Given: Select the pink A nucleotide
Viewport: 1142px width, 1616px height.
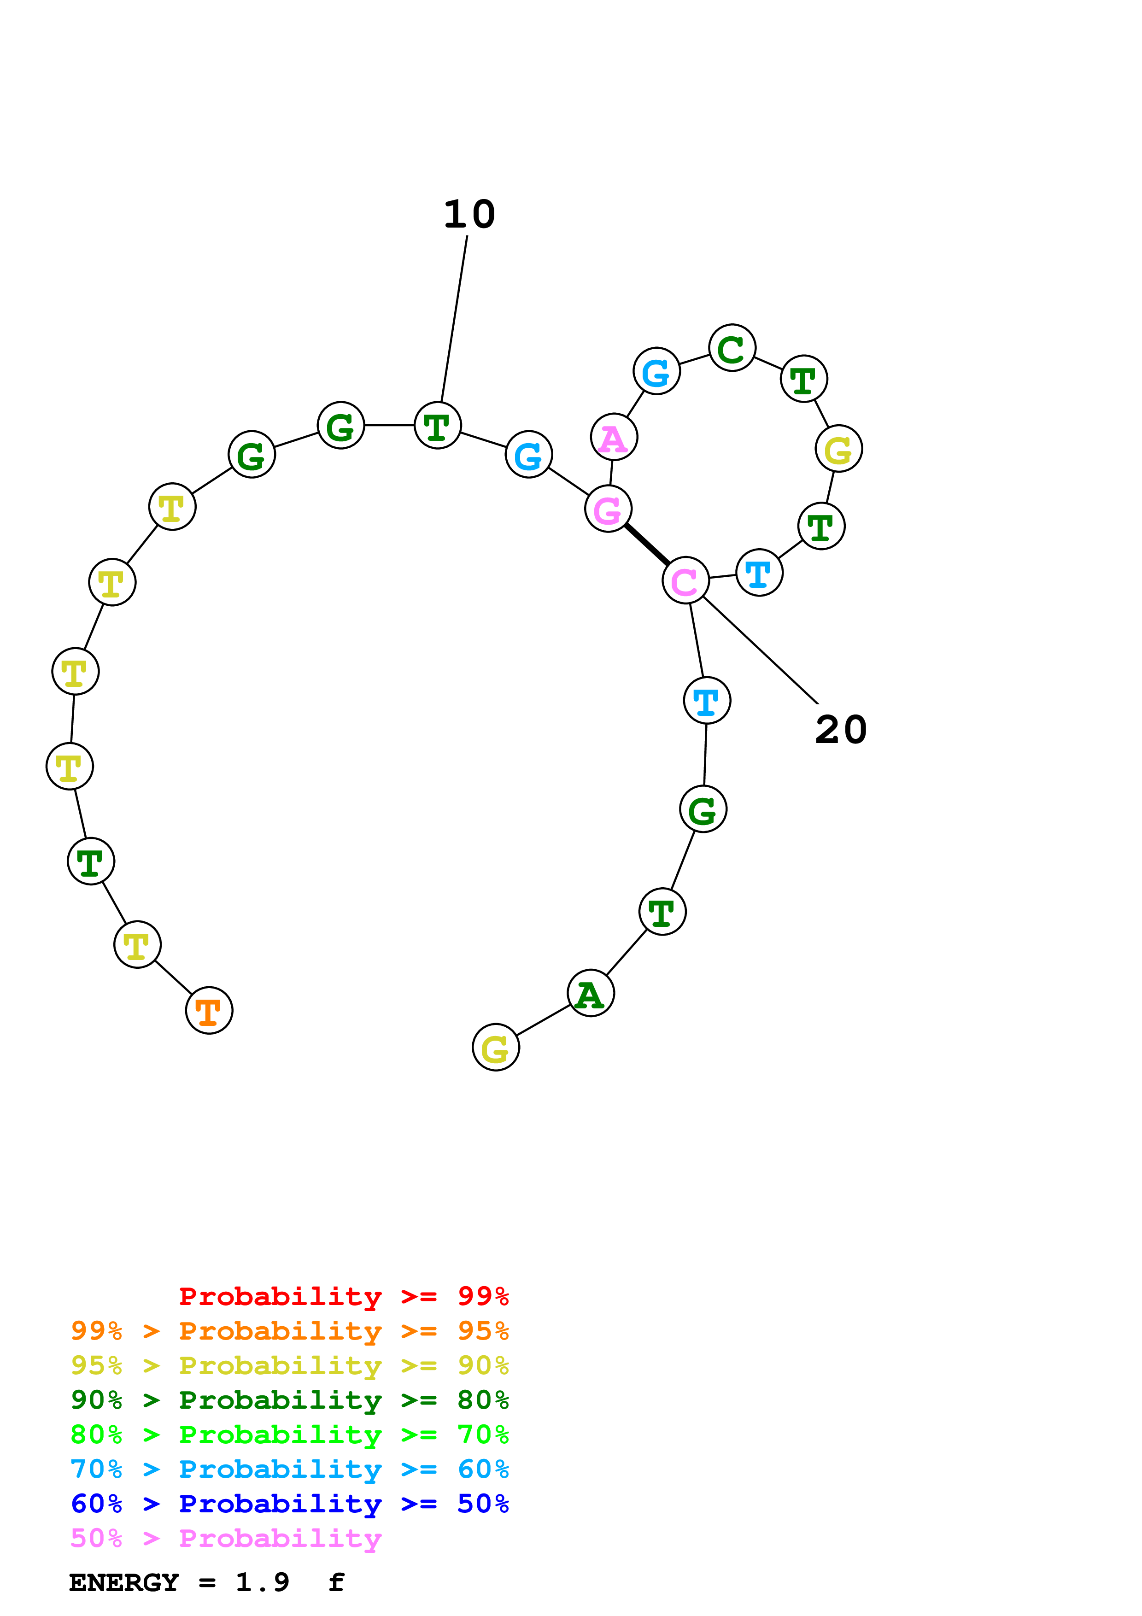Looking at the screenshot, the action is (614, 437).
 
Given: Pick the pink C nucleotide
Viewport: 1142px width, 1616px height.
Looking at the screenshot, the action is (685, 580).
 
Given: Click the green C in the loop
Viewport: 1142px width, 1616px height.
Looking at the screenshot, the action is (732, 348).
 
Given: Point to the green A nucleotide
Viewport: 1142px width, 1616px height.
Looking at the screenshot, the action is (591, 993).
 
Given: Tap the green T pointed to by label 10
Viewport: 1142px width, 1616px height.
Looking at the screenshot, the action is (438, 425).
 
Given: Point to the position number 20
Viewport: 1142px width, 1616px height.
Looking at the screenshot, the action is (841, 729).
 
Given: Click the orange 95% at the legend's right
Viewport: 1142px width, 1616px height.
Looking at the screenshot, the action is (483, 1330).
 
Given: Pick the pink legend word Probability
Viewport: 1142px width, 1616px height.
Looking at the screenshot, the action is (280, 1538).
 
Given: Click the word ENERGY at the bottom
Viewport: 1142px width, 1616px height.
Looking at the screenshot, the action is (124, 1582).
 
